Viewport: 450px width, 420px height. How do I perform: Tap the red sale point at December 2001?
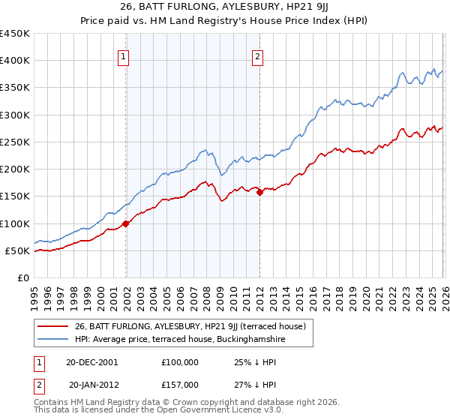(x=126, y=223)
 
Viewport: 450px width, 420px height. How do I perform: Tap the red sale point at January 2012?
(x=259, y=193)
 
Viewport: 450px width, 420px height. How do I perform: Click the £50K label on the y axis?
(x=18, y=250)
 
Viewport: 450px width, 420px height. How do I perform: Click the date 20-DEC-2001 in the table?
(x=92, y=362)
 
